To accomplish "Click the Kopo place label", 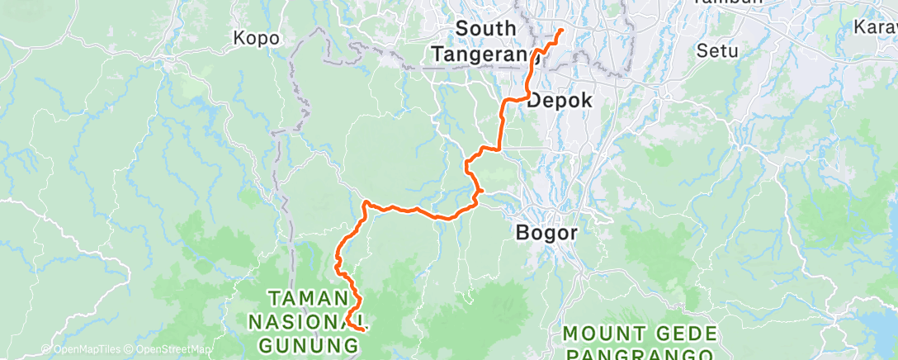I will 257,38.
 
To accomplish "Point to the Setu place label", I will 716,50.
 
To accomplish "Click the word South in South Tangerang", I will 486,29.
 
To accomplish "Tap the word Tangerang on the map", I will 487,54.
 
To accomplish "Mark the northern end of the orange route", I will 562,31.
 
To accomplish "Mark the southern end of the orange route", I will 363,329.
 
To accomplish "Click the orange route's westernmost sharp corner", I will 365,201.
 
